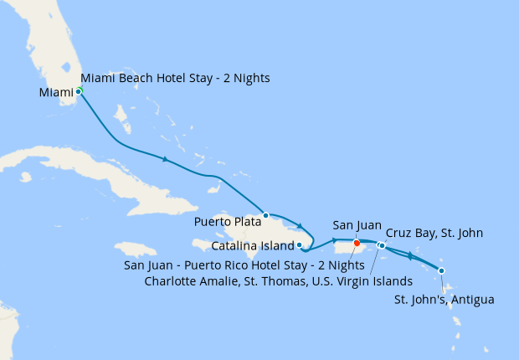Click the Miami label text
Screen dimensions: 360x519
56,92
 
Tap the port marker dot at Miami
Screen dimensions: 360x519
79,90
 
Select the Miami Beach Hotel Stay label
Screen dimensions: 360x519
175,79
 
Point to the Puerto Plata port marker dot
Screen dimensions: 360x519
265,215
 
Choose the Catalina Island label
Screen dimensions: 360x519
252,246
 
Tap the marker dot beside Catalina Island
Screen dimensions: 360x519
300,245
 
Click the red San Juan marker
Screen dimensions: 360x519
357,243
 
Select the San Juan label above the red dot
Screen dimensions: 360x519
357,225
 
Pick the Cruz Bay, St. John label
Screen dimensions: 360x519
434,233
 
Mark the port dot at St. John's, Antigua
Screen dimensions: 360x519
441,270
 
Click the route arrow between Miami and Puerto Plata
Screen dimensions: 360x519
166,159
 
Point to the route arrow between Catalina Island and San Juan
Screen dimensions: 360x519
333,240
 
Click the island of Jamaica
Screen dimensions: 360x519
135,249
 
